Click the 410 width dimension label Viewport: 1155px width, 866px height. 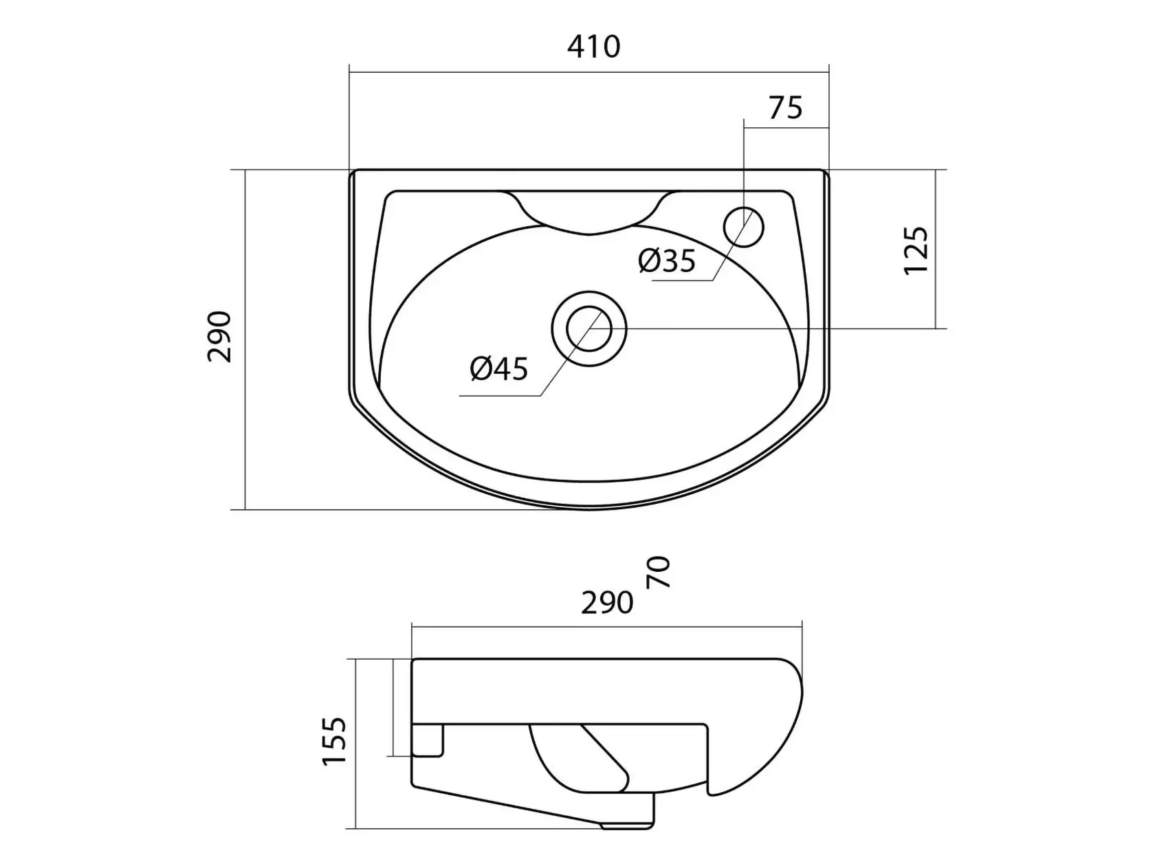(x=593, y=47)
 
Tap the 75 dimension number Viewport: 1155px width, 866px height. (x=786, y=109)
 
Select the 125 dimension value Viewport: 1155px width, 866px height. (x=916, y=249)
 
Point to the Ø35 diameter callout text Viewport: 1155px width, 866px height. (x=667, y=260)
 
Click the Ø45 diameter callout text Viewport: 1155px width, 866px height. (x=499, y=368)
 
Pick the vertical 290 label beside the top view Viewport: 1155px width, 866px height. (x=219, y=337)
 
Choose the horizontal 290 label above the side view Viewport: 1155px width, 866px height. (x=606, y=603)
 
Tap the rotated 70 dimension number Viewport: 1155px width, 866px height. (x=658, y=572)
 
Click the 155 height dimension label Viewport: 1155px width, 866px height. (x=335, y=741)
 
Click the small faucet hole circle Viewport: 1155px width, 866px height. (x=743, y=227)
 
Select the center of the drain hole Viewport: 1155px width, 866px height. (x=588, y=329)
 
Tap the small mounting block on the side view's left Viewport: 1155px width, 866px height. (x=428, y=741)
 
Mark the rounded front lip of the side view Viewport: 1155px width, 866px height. (x=758, y=736)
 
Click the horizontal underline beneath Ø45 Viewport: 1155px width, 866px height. (x=500, y=395)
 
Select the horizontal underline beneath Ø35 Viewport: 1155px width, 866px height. (x=682, y=281)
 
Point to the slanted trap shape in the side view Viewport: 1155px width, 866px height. (x=604, y=757)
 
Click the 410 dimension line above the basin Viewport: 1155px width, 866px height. (x=589, y=72)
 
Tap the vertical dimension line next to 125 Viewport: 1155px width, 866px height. (x=936, y=249)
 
